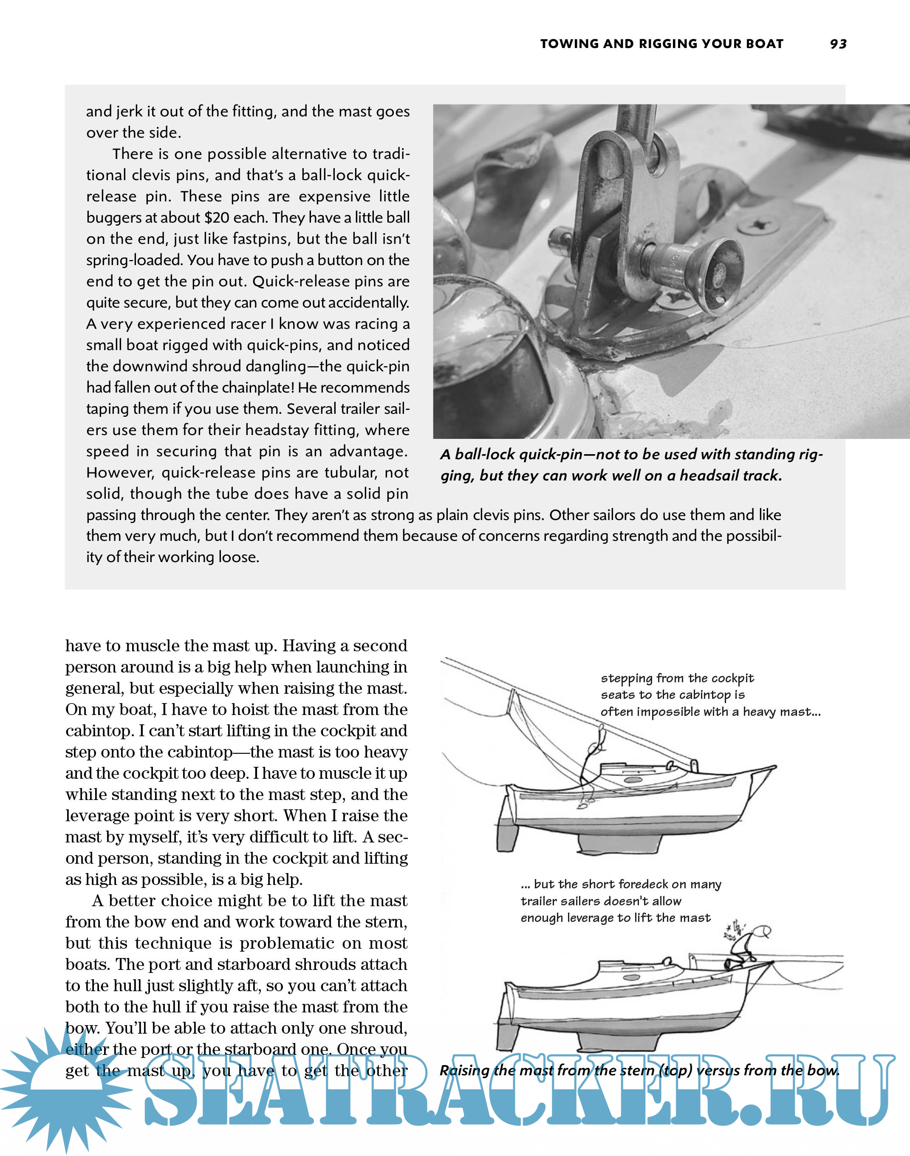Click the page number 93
[x=838, y=44]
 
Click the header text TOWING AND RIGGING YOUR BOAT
[x=662, y=44]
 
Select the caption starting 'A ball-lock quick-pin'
[x=631, y=464]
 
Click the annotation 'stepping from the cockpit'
[x=677, y=678]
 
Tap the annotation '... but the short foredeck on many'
[x=621, y=885]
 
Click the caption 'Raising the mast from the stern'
[x=639, y=1071]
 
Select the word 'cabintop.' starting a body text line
[x=100, y=731]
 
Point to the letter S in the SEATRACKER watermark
[x=173, y=1092]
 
